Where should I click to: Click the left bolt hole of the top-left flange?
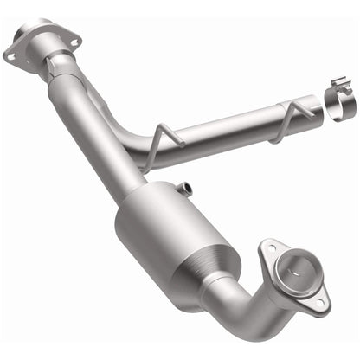tap(12, 55)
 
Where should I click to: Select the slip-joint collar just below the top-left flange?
tap(57, 67)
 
